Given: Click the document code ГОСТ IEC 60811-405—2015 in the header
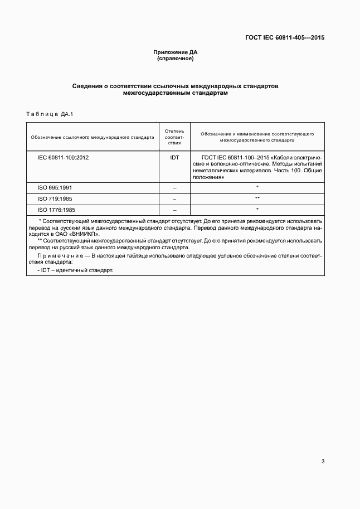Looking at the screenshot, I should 285,38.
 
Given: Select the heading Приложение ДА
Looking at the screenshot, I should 176,52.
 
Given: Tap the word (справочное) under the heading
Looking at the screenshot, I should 176,59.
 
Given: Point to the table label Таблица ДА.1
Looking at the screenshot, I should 50,114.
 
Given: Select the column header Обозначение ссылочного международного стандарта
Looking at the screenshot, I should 93,135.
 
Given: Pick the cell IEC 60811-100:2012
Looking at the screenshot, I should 63,158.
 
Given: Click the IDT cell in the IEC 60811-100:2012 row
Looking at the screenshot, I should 174,158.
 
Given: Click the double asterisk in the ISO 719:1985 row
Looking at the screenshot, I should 257,198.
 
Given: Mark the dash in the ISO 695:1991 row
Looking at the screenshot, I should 174,187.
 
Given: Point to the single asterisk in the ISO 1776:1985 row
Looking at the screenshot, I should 257,210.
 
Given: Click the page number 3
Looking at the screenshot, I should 323,462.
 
